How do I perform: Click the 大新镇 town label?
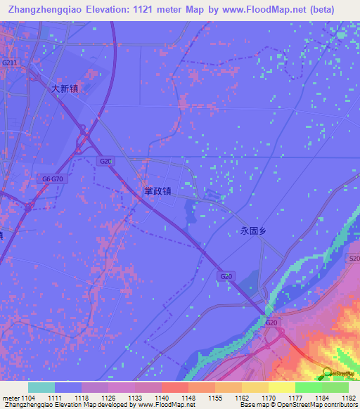pos(65,89)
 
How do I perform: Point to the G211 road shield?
pos(9,63)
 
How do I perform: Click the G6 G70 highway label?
pos(52,179)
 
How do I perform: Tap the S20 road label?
pos(354,259)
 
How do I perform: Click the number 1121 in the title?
pos(165,9)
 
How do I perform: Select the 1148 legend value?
pos(188,398)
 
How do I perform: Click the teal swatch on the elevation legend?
pos(41,387)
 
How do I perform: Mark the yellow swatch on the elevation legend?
pos(282,387)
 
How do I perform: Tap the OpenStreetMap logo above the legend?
pos(340,374)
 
